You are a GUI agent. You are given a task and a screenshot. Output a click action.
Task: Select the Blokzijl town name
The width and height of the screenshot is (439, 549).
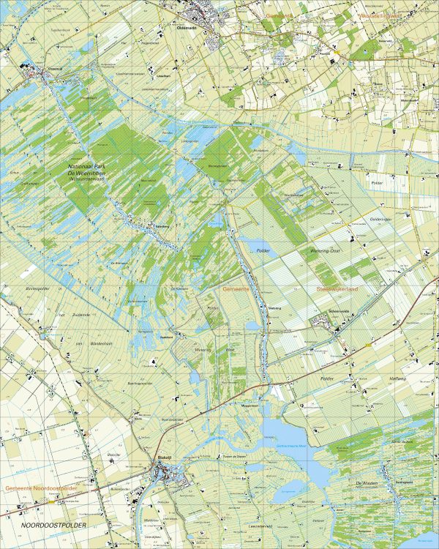point(168,457)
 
